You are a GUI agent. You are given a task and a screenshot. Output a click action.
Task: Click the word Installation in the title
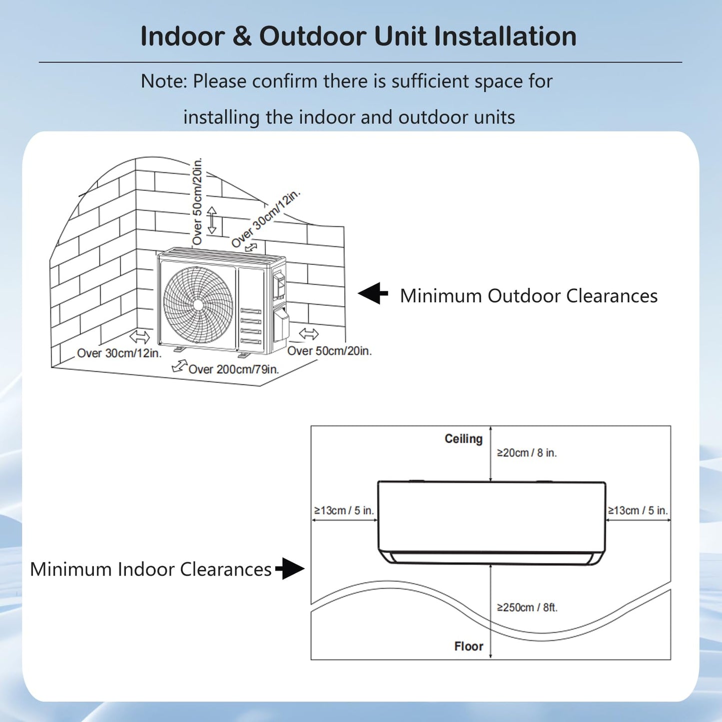coord(505,36)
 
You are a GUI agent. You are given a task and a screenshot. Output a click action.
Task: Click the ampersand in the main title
coord(242,36)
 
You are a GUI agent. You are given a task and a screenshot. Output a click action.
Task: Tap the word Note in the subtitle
coord(161,81)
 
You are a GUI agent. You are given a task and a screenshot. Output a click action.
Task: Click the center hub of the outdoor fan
coord(198,305)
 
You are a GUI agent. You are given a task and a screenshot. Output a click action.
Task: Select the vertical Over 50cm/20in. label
coord(198,201)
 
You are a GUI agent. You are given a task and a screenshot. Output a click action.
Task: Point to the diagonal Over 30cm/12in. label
coord(265,218)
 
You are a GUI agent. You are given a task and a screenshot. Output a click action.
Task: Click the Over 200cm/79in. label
coord(233,369)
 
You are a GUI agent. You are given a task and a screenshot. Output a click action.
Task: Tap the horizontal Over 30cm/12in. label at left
coord(119,353)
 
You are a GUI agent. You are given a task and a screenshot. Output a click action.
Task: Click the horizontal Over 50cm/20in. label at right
coord(329,351)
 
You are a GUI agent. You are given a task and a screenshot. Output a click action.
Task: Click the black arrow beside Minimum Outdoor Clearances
coord(373,293)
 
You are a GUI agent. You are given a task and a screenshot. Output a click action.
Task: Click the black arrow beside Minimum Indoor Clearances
coord(290,569)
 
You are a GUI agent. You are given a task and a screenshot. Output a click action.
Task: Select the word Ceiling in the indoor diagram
coord(463,439)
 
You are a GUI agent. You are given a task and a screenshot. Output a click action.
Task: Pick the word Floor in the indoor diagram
coord(468,646)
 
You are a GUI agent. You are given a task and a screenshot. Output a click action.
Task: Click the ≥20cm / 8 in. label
coord(526,453)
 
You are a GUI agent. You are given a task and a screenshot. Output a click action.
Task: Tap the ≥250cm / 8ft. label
coord(527,608)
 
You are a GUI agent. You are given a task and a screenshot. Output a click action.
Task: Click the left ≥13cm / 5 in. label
coord(344,511)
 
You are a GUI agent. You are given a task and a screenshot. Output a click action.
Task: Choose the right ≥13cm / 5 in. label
coord(638,511)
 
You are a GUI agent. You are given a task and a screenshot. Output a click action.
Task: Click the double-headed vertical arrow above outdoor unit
coord(212,220)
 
